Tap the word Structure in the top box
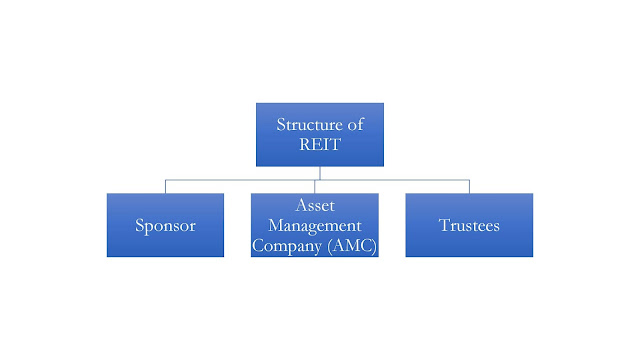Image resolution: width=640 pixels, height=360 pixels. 305,124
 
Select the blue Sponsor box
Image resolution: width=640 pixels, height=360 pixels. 165,225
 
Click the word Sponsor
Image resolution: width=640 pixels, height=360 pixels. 165,225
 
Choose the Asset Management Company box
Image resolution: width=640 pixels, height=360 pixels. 315,225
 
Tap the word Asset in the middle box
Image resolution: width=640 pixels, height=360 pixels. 315,205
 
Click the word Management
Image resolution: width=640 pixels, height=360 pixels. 315,226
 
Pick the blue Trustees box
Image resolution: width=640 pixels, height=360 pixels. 469,225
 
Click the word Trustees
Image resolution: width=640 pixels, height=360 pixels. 469,225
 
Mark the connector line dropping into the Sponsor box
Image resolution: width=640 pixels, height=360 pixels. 165,186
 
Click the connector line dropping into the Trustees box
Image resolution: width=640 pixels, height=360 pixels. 469,186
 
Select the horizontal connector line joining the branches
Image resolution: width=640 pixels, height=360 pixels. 240,180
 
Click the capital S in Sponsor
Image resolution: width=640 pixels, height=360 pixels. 140,225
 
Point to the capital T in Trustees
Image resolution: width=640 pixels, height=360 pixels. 442,225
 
